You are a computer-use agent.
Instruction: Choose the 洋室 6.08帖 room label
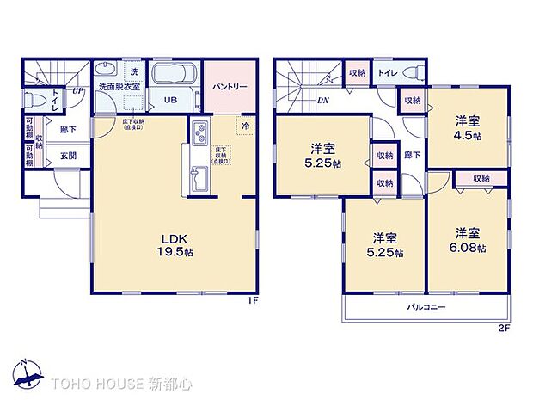469,241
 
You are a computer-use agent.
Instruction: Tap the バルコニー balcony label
426,307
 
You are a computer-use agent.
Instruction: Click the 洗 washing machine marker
134,70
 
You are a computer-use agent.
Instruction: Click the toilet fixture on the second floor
412,73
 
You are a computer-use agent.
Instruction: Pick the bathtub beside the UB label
176,76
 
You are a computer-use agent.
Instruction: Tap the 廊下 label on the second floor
412,156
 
